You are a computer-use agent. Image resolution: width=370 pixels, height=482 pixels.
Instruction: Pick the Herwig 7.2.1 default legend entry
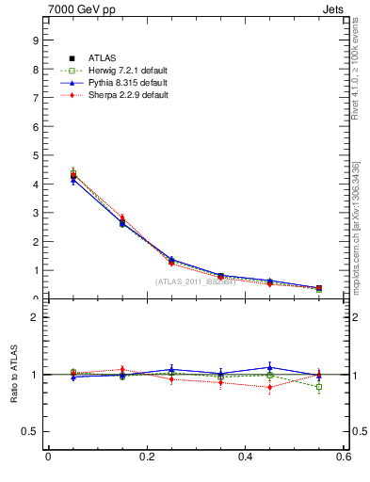116,71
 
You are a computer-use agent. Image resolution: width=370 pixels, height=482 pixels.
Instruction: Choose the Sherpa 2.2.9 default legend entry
116,95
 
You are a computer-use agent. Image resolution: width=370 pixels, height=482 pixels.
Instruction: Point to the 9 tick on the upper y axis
34,40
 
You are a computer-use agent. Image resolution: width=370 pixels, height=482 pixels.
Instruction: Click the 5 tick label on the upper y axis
34,155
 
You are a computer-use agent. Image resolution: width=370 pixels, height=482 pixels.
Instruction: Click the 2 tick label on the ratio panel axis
34,317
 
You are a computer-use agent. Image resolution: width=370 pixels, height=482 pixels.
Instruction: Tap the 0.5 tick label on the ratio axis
30,431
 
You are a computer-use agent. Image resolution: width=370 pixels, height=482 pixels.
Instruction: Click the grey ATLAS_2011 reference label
195,281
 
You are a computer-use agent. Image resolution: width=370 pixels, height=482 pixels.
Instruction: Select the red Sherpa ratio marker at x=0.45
269,387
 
